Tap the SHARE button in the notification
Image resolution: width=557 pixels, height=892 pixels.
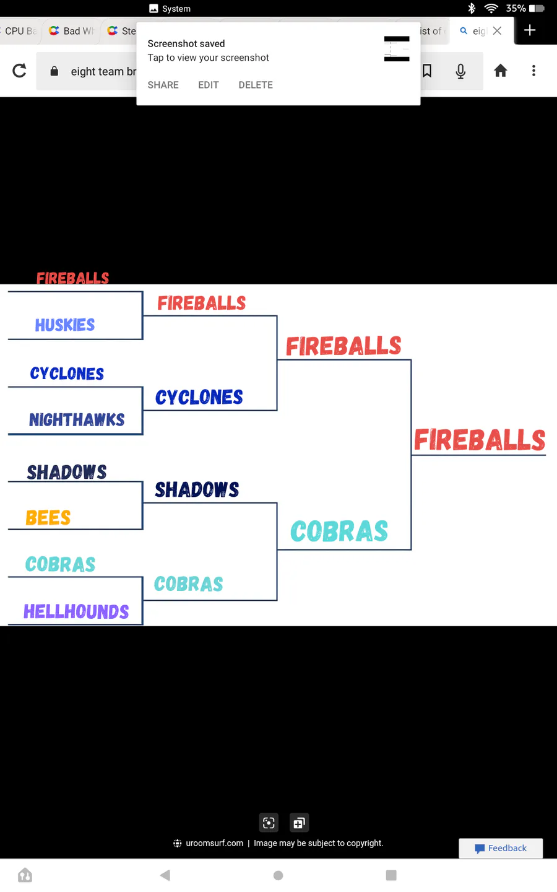[x=163, y=85]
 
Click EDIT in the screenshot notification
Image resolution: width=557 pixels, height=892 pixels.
[x=209, y=85]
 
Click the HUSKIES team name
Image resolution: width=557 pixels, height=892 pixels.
[x=65, y=325]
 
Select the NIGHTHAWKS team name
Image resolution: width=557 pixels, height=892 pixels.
[x=77, y=420]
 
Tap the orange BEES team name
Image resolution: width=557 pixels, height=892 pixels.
[x=48, y=518]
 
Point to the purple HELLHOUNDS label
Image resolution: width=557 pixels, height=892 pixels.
[x=76, y=611]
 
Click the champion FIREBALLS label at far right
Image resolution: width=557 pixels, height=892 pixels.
[x=480, y=440]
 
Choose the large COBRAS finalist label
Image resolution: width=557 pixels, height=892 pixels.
[x=339, y=531]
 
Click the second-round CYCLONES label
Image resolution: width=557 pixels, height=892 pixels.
[x=199, y=397]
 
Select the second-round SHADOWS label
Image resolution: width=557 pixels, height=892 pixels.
[x=197, y=489]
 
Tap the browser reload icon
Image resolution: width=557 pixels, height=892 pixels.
[x=19, y=71]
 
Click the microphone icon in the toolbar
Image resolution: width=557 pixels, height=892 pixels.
[x=460, y=71]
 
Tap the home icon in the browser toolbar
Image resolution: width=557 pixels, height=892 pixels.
[x=501, y=71]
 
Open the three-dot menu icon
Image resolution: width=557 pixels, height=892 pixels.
[x=534, y=71]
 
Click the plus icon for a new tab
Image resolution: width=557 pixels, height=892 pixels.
[x=530, y=30]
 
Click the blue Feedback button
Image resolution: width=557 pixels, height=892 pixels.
[x=501, y=848]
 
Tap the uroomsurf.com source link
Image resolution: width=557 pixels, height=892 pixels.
[x=214, y=843]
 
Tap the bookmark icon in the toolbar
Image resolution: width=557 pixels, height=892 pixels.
[x=427, y=71]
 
